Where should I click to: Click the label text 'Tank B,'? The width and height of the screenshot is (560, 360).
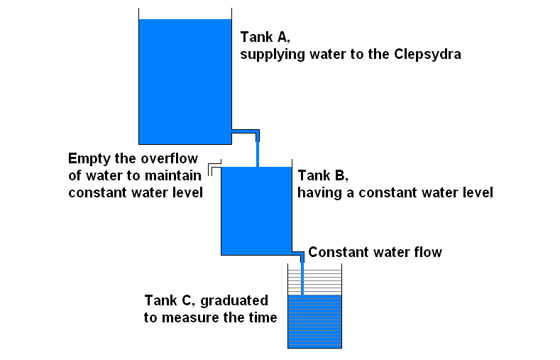pyautogui.click(x=324, y=175)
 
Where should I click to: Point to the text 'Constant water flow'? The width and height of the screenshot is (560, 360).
pyautogui.click(x=375, y=252)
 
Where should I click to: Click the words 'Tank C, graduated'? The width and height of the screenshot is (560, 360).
pyautogui.click(x=206, y=300)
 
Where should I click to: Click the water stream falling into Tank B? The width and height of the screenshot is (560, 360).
pyautogui.click(x=257, y=153)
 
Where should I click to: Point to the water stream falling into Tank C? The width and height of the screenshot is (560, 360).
pyautogui.click(x=303, y=277)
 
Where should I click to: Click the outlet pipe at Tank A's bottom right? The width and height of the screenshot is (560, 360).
pyautogui.click(x=246, y=131)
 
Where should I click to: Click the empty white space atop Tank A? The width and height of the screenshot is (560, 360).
pyautogui.click(x=185, y=13)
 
